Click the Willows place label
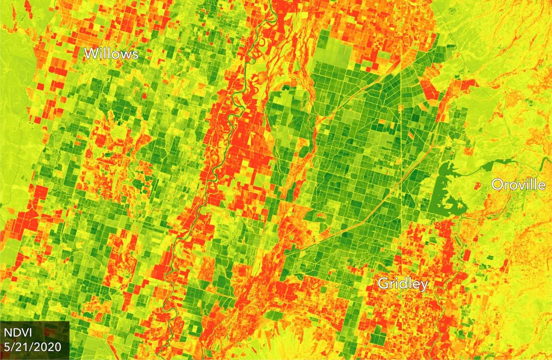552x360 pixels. (111, 54)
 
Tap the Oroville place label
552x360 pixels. (518, 185)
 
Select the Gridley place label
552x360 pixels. (402, 284)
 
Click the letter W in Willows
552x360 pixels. (91, 53)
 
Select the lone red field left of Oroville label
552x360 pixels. (477, 186)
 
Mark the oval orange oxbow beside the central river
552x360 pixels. (261, 78)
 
